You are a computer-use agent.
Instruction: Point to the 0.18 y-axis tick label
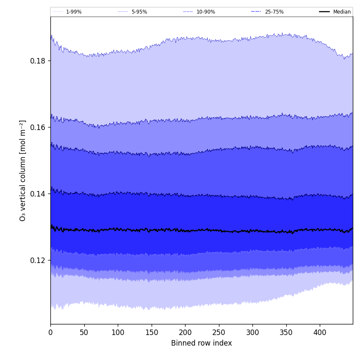(x=38, y=61)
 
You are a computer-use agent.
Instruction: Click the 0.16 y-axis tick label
(x=38, y=127)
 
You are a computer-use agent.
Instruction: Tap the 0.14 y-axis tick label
(x=38, y=194)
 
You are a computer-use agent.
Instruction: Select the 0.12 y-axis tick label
(x=38, y=260)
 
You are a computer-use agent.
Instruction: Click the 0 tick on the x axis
(x=50, y=332)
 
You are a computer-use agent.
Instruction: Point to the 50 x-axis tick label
(x=84, y=332)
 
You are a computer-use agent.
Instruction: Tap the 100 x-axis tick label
(x=118, y=332)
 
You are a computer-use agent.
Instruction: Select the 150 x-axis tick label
(x=152, y=332)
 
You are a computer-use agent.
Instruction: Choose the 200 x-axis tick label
(x=185, y=332)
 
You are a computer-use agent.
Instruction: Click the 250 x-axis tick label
(x=219, y=332)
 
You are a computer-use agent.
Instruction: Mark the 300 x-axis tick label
(x=252, y=332)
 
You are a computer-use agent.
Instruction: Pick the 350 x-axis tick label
(x=286, y=332)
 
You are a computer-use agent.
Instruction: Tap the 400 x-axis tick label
(x=320, y=332)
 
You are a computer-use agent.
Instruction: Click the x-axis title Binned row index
(x=202, y=343)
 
